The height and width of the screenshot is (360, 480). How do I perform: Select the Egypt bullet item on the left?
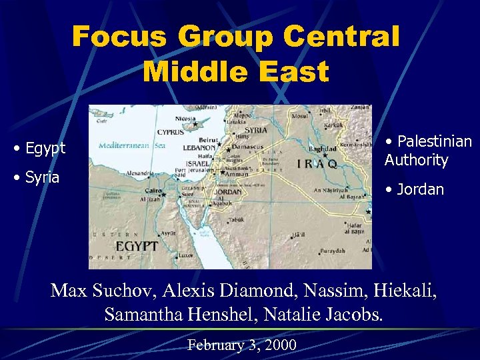click(44, 147)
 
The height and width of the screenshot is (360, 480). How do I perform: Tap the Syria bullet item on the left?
click(41, 177)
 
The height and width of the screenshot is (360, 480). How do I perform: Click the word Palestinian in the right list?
click(433, 141)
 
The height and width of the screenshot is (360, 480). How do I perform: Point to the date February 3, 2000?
click(242, 345)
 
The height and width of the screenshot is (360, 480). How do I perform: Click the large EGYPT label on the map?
click(137, 246)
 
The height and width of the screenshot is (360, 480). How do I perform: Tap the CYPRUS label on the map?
click(171, 132)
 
